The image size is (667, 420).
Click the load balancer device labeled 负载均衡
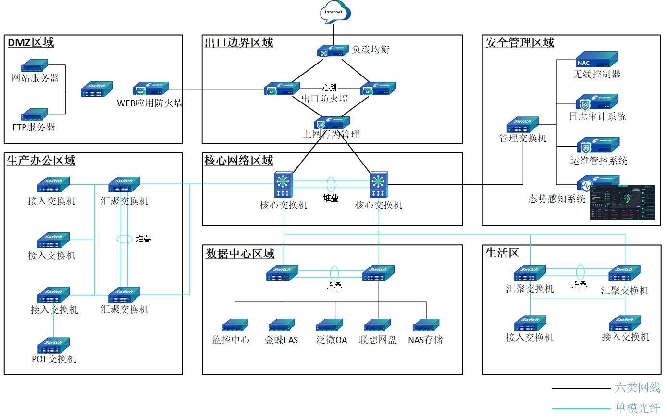(333, 51)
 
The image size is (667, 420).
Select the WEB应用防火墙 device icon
(150, 89)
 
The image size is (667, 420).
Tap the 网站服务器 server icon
(35, 65)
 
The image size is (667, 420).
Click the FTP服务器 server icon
(35, 115)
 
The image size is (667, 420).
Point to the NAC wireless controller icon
(597, 60)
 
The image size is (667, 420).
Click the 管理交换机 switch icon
(523, 125)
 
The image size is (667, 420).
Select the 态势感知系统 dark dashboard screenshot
(622, 203)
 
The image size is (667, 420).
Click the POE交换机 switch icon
(54, 345)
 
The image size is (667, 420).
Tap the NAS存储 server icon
(426, 326)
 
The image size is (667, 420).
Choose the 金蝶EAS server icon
(282, 326)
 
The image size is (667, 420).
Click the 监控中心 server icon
(235, 326)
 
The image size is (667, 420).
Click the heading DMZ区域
(31, 42)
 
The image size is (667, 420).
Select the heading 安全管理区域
(519, 42)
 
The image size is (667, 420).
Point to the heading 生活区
(502, 253)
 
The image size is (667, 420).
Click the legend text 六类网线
(637, 387)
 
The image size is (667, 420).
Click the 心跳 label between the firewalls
(330, 88)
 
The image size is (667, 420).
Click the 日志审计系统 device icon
(597, 102)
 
